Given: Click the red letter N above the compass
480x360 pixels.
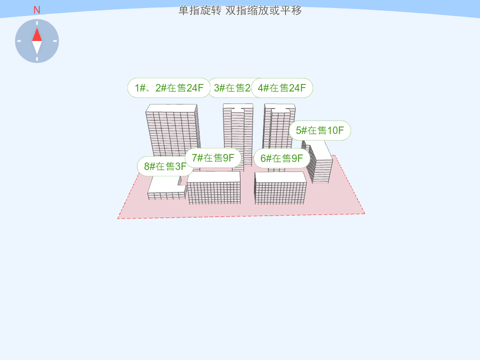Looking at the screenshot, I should tap(36, 10).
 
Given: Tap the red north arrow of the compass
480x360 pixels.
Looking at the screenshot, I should tap(37, 34).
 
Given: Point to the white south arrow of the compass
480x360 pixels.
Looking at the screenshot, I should tap(37, 48).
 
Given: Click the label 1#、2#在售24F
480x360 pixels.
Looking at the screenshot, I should tap(168, 88).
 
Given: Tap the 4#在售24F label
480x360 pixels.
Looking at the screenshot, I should tap(282, 88).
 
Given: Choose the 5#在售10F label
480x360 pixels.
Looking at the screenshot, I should tap(320, 130).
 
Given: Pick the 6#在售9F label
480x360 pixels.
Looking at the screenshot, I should tap(282, 158).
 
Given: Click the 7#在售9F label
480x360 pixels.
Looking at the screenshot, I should tap(213, 158).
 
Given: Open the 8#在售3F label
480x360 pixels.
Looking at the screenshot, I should tap(165, 166).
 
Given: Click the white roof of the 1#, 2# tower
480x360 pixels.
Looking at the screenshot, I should tap(171, 108).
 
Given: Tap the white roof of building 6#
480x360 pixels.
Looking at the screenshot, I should tap(280, 177).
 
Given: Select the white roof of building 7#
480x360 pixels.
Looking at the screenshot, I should tap(214, 176).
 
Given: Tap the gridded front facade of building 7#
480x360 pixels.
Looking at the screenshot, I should tap(214, 193).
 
